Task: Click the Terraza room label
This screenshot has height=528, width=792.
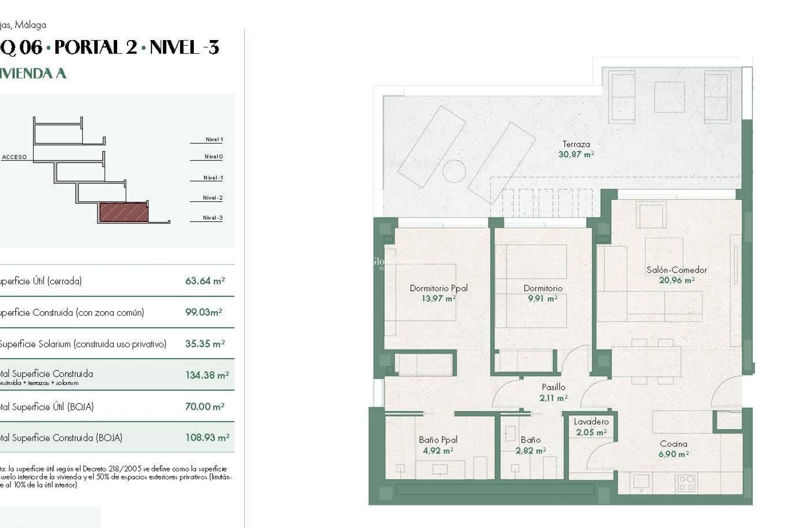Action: point(576,144)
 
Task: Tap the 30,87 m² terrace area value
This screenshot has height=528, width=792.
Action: point(576,155)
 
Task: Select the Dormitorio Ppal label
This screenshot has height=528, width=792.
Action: point(438,288)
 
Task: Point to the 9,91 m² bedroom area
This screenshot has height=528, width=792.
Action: point(542,299)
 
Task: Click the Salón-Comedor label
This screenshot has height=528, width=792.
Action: point(676,270)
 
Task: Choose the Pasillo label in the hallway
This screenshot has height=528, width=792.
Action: point(553,387)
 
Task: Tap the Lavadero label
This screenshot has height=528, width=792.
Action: point(591,422)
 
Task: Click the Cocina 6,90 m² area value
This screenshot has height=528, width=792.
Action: point(673,455)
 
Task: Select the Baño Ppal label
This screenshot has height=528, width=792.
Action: point(438,440)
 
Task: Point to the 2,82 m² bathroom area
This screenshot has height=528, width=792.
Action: point(530,451)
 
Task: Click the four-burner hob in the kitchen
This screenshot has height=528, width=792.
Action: point(686,483)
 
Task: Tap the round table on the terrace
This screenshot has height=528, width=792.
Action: point(454,171)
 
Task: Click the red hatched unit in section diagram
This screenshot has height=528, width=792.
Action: point(123,212)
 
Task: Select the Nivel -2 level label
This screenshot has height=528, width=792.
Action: point(212,198)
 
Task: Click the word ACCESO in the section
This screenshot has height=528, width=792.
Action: point(14,157)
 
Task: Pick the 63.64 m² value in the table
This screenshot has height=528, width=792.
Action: point(205,281)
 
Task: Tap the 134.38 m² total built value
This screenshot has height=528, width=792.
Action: point(207,375)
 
